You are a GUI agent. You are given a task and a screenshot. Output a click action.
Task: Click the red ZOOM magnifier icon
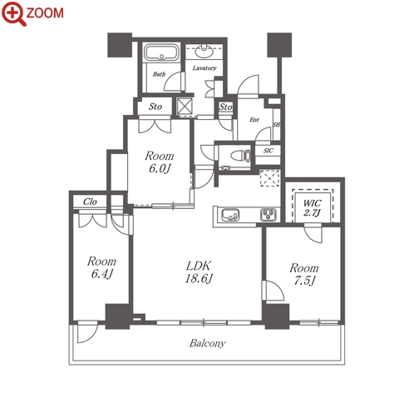14,13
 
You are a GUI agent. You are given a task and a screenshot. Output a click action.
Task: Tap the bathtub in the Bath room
161,52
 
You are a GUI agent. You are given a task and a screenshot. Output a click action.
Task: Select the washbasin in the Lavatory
205,52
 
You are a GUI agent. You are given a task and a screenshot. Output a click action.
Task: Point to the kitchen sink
230,215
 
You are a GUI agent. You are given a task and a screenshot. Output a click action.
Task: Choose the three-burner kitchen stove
269,215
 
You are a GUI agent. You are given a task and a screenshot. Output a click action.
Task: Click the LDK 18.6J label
199,272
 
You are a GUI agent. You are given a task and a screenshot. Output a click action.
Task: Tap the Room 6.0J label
160,162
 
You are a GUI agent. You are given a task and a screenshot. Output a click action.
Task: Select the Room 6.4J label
101,267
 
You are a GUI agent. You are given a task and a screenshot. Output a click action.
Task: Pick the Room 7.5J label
304,274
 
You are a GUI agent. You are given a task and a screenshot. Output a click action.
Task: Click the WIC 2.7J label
312,207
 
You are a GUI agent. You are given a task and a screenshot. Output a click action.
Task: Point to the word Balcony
208,343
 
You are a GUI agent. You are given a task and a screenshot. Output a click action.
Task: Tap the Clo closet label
90,201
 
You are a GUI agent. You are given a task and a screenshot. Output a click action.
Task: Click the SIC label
269,151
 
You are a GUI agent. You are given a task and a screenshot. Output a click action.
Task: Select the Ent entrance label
254,120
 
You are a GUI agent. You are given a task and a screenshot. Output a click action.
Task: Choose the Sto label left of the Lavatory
155,107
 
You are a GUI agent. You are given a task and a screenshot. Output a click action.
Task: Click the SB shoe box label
276,125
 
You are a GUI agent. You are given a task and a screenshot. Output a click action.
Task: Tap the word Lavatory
205,68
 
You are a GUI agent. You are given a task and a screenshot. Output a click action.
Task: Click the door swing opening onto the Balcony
87,332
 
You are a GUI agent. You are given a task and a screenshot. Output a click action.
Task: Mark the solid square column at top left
120,45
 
